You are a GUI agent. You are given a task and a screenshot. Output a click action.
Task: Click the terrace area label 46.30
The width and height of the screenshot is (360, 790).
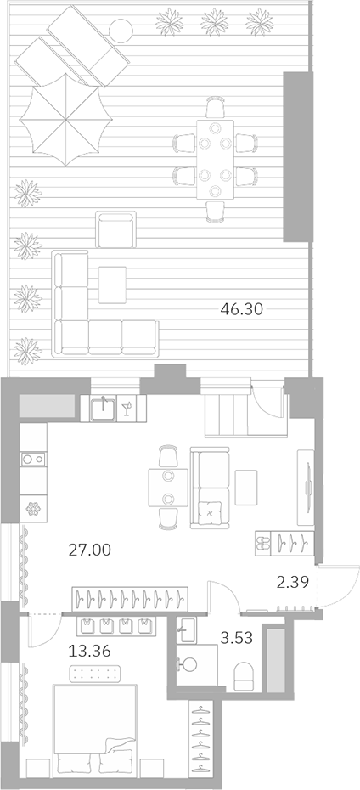(241, 311)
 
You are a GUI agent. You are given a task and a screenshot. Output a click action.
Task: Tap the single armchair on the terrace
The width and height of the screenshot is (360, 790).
(115, 230)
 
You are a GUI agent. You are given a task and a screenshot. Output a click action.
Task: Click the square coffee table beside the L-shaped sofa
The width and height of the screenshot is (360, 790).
(112, 285)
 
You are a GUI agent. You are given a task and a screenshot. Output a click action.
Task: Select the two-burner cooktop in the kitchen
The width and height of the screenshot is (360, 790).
(35, 460)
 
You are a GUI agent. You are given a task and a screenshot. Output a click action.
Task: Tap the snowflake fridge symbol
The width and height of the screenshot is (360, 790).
(35, 509)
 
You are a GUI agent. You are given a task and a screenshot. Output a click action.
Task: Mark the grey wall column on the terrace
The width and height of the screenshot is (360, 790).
(296, 155)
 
